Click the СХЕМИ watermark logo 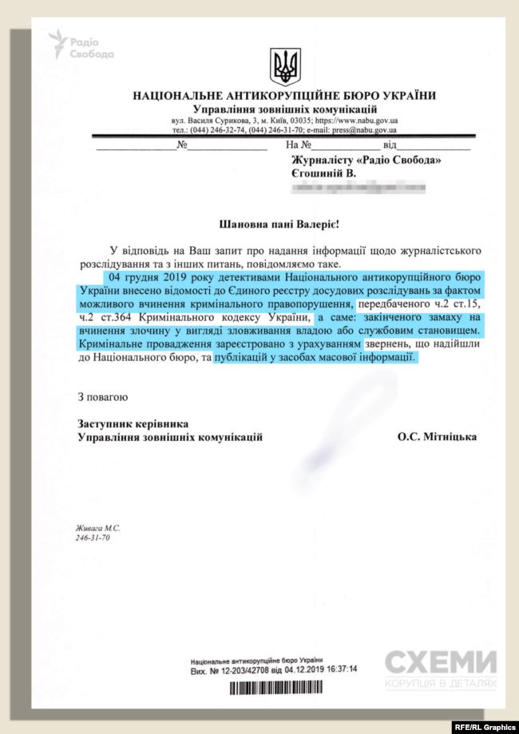pyautogui.click(x=441, y=663)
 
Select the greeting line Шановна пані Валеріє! pyautogui.click(x=284, y=225)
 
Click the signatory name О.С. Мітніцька pyautogui.click(x=437, y=437)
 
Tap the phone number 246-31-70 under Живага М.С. pyautogui.click(x=93, y=538)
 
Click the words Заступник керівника pyautogui.click(x=127, y=423)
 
